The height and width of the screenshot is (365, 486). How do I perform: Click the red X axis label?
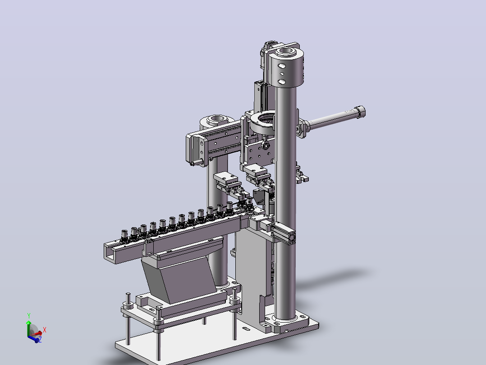tap(44, 330)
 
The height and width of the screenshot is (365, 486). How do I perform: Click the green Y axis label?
tap(29, 316)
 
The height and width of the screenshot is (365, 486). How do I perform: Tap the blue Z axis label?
tap(40, 340)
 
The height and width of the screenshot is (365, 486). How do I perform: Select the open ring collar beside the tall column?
tap(263, 122)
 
